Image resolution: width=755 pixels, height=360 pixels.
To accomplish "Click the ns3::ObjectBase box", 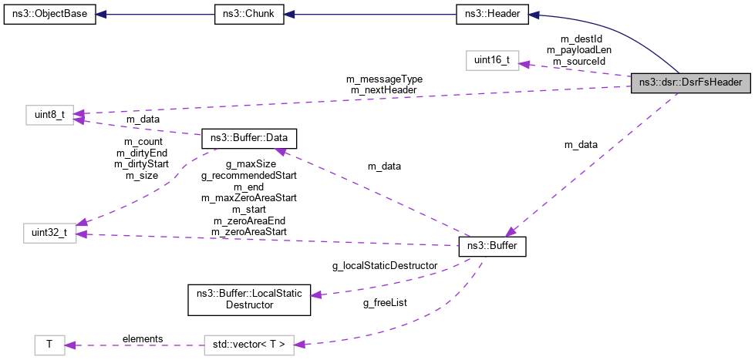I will tap(50, 15).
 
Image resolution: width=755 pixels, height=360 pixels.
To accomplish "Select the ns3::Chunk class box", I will tap(248, 15).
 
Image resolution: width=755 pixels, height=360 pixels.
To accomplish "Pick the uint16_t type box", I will tap(491, 59).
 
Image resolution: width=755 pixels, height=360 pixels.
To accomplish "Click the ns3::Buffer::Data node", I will tap(248, 139).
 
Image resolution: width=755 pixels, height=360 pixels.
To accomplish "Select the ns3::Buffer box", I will tap(492, 247).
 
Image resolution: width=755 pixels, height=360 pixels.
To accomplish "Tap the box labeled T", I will tap(49, 344).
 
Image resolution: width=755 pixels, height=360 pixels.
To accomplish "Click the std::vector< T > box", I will tap(249, 344).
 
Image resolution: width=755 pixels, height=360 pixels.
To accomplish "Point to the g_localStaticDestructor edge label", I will tap(385, 266).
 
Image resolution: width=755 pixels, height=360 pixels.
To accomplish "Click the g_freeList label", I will tap(385, 303).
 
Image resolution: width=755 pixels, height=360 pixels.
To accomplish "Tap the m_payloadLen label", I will tap(578, 49).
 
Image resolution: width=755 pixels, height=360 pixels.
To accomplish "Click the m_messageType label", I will tap(384, 79).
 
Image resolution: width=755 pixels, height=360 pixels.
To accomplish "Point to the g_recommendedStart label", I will tap(248, 176).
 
